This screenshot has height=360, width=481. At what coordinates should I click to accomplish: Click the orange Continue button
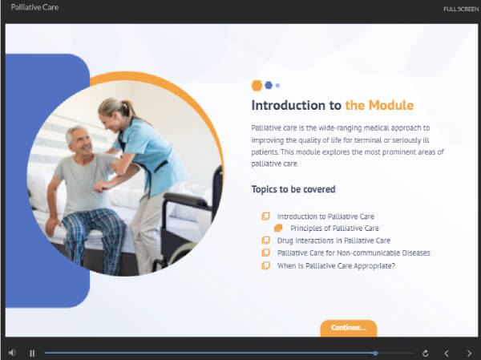coord(349,328)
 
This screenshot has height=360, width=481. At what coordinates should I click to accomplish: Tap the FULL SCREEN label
coord(461,9)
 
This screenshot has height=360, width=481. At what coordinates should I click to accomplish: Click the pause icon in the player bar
coord(32,354)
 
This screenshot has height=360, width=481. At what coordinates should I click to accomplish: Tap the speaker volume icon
coord(12,353)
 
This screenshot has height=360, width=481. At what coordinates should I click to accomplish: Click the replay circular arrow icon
coord(425,354)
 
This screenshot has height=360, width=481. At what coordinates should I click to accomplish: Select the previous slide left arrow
coord(447,354)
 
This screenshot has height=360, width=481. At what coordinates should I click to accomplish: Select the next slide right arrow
coord(469,354)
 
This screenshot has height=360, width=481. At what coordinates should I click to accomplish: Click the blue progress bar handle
coord(375,354)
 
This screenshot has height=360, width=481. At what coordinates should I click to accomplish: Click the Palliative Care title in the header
coord(34,7)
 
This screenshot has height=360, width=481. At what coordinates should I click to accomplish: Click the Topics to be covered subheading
coord(293,189)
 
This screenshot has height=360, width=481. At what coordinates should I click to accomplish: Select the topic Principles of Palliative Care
coord(334,229)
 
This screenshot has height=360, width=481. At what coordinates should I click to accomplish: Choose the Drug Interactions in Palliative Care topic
coord(333,241)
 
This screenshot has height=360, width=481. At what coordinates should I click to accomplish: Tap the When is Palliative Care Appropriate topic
coord(336,265)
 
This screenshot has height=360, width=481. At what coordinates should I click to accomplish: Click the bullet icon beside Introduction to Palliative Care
coord(265,216)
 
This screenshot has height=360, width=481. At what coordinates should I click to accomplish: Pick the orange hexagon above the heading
coord(257,86)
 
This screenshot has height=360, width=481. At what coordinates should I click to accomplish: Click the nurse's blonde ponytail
coord(122,107)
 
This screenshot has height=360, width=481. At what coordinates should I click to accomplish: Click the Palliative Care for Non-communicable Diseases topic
coord(354,253)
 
